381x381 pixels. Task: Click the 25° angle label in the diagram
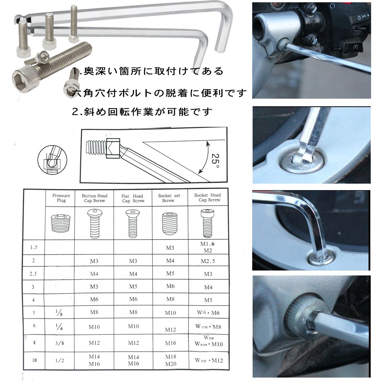(215, 160)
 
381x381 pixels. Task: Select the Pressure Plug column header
(61, 198)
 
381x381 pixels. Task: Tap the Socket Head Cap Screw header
(208, 197)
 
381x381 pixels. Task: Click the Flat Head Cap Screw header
(133, 198)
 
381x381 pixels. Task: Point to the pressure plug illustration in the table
(60, 223)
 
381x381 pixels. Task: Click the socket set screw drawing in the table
(170, 224)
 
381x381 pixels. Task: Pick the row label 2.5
(33, 274)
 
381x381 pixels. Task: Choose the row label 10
(34, 360)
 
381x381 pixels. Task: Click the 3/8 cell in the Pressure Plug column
(59, 343)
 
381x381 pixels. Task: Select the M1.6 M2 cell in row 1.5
(208, 247)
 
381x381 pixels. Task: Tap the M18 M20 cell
(171, 360)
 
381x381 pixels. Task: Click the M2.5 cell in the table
(208, 261)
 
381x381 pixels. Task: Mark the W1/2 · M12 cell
(209, 360)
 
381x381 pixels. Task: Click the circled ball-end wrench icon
(52, 160)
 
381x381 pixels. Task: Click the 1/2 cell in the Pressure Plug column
(59, 360)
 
